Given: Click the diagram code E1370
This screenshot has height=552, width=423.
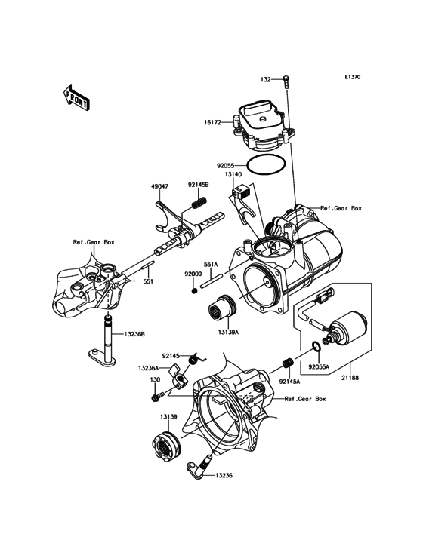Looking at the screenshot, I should click(354, 78).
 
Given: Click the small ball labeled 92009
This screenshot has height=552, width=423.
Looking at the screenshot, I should click(195, 289).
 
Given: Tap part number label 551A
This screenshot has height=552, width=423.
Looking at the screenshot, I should click(210, 265).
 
